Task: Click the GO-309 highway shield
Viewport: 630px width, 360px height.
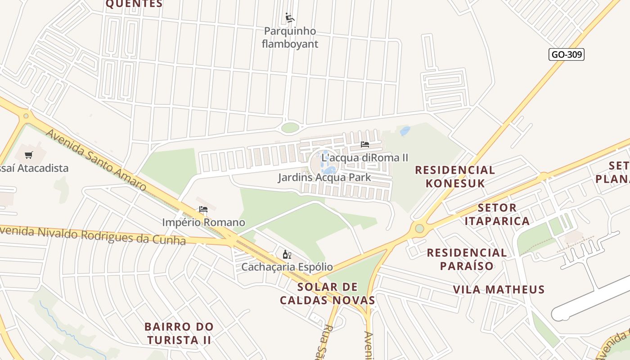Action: [x=567, y=54]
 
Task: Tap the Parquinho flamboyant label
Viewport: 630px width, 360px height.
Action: [x=290, y=37]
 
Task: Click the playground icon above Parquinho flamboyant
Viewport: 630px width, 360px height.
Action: [x=290, y=18]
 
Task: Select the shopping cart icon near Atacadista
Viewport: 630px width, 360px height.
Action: [x=29, y=155]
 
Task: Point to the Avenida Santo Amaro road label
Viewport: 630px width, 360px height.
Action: [x=96, y=159]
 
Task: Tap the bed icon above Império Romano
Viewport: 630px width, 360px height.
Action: [x=203, y=209]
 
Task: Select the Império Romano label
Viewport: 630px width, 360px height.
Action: [x=203, y=222]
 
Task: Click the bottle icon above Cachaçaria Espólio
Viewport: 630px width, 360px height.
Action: [x=287, y=255]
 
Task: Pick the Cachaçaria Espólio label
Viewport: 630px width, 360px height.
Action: [x=287, y=267]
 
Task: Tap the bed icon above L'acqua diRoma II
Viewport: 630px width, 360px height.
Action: [x=364, y=144]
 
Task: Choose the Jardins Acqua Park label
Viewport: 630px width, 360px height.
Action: [x=324, y=177]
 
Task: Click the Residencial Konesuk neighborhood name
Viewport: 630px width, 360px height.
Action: [x=455, y=176]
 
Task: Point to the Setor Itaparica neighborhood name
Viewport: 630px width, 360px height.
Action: [x=497, y=214]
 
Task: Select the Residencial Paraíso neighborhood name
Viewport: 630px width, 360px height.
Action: [x=467, y=259]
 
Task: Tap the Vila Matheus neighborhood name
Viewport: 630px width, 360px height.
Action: [x=499, y=289]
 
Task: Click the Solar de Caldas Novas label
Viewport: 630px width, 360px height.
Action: [x=328, y=293]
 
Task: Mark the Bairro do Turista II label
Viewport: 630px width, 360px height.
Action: [x=179, y=333]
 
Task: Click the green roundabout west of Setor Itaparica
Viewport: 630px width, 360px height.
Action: [x=419, y=229]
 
